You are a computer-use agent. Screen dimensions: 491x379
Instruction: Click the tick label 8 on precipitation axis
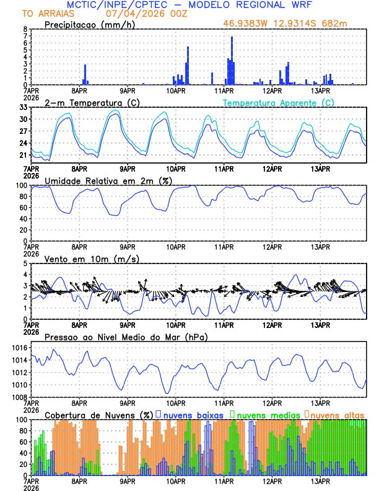coord(25,29)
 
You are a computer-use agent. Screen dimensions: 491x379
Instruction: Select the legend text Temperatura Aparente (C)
coord(279,102)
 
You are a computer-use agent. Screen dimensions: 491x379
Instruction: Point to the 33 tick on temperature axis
coord(23,107)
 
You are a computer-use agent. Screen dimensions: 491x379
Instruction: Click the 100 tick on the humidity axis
coord(21,185)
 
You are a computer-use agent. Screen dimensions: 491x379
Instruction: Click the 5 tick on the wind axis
coord(25,263)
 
